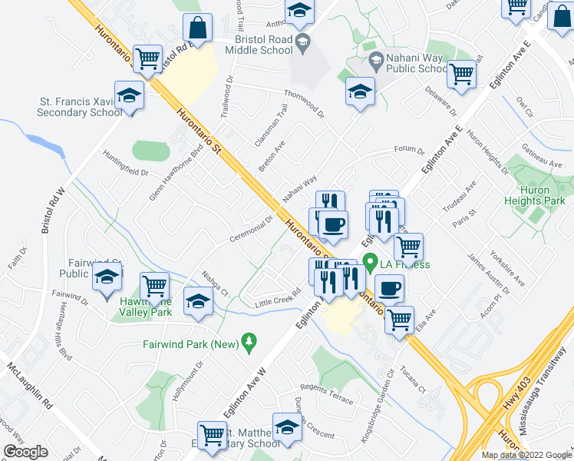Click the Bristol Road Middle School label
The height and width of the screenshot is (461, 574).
(x=259, y=44)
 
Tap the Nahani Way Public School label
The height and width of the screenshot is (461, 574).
(x=404, y=63)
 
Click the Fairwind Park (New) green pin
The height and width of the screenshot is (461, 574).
(x=248, y=340)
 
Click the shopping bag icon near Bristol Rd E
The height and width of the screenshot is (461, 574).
(x=197, y=28)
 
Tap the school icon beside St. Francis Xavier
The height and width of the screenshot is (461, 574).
(x=130, y=96)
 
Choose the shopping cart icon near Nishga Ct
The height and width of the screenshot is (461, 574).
(x=155, y=286)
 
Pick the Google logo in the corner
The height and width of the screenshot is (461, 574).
(x=26, y=452)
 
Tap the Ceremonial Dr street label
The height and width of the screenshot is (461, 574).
(x=252, y=229)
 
